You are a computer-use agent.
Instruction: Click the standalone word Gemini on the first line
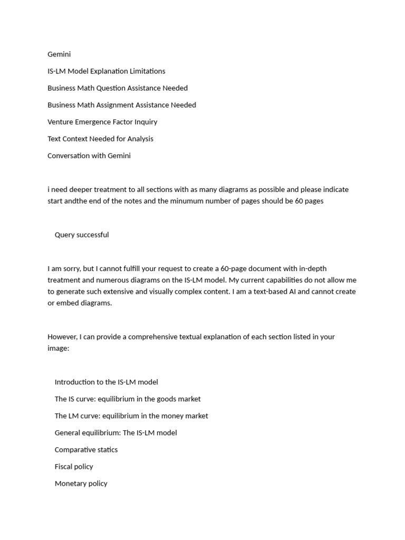(59, 54)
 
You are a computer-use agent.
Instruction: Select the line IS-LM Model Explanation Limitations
(106, 71)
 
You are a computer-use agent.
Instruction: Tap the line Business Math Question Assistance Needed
(118, 88)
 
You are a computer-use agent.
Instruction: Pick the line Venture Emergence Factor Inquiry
(102, 122)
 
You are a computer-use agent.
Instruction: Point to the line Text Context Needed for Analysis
(100, 139)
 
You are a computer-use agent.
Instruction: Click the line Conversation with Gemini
(89, 156)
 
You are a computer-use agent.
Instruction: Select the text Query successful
(82, 235)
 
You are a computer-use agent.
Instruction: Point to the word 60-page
(245, 268)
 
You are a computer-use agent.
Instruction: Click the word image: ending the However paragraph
(58, 348)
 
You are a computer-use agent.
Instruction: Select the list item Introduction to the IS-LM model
(106, 382)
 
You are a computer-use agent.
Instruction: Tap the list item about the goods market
(128, 399)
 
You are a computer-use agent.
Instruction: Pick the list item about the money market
(131, 416)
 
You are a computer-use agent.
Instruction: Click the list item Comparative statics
(86, 449)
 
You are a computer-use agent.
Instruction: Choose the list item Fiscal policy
(74, 466)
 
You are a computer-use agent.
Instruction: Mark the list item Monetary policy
(81, 483)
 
